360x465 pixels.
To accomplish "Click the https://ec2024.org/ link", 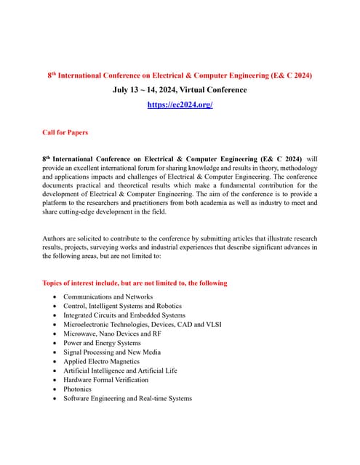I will pos(180,105).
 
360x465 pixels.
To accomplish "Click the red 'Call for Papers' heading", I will pos(65,132).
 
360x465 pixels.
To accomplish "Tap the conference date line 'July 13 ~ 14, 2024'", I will pos(148,90).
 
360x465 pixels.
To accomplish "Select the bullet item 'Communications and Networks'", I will pos(108,296).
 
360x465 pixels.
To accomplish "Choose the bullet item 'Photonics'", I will pos(79,389).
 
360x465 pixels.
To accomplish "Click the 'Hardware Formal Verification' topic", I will pos(105,379).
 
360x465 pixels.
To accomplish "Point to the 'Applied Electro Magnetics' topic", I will pos(101,361).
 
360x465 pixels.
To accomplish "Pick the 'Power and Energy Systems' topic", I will pos(102,343).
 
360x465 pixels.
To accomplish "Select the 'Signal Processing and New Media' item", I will pos(112,352).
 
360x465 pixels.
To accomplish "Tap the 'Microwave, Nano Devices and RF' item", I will pos(112,333).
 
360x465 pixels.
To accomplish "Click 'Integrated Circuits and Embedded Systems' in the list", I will pos(124,315).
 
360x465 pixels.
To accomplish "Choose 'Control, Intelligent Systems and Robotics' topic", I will pos(122,306).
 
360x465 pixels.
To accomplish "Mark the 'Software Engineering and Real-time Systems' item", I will pos(127,398).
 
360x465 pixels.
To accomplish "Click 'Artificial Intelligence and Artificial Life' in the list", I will pos(120,371).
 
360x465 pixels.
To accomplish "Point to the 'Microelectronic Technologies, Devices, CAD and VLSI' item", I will pos(144,324).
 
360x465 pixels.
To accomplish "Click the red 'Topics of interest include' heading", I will pos(135,283).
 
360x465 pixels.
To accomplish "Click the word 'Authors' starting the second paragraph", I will pos(55,238).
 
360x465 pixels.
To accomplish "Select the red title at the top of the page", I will pos(180,76).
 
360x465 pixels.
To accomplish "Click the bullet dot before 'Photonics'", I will pos(56,389).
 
